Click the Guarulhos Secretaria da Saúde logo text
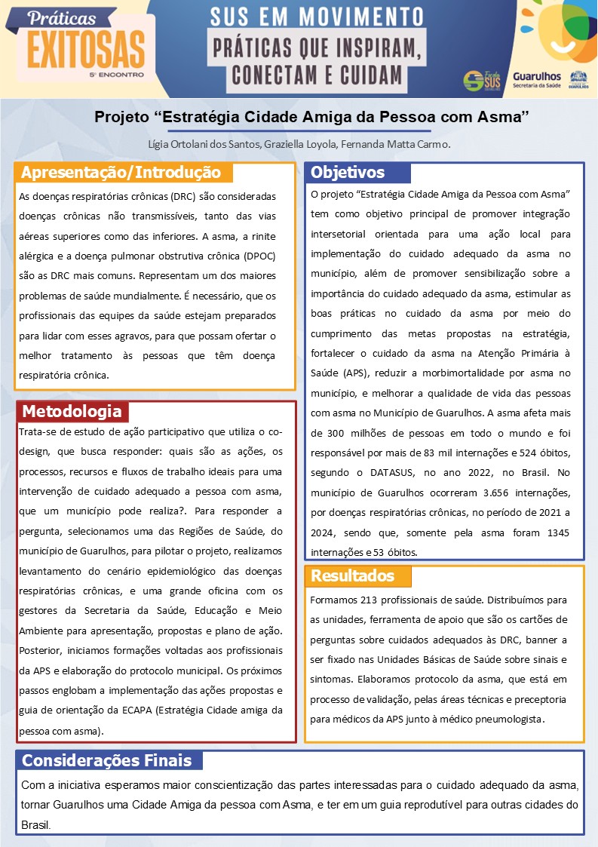pyautogui.click(x=535, y=81)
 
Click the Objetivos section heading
pyautogui.click(x=348, y=173)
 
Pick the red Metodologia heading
pyautogui.click(x=72, y=411)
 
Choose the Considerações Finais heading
pyautogui.click(x=106, y=760)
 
